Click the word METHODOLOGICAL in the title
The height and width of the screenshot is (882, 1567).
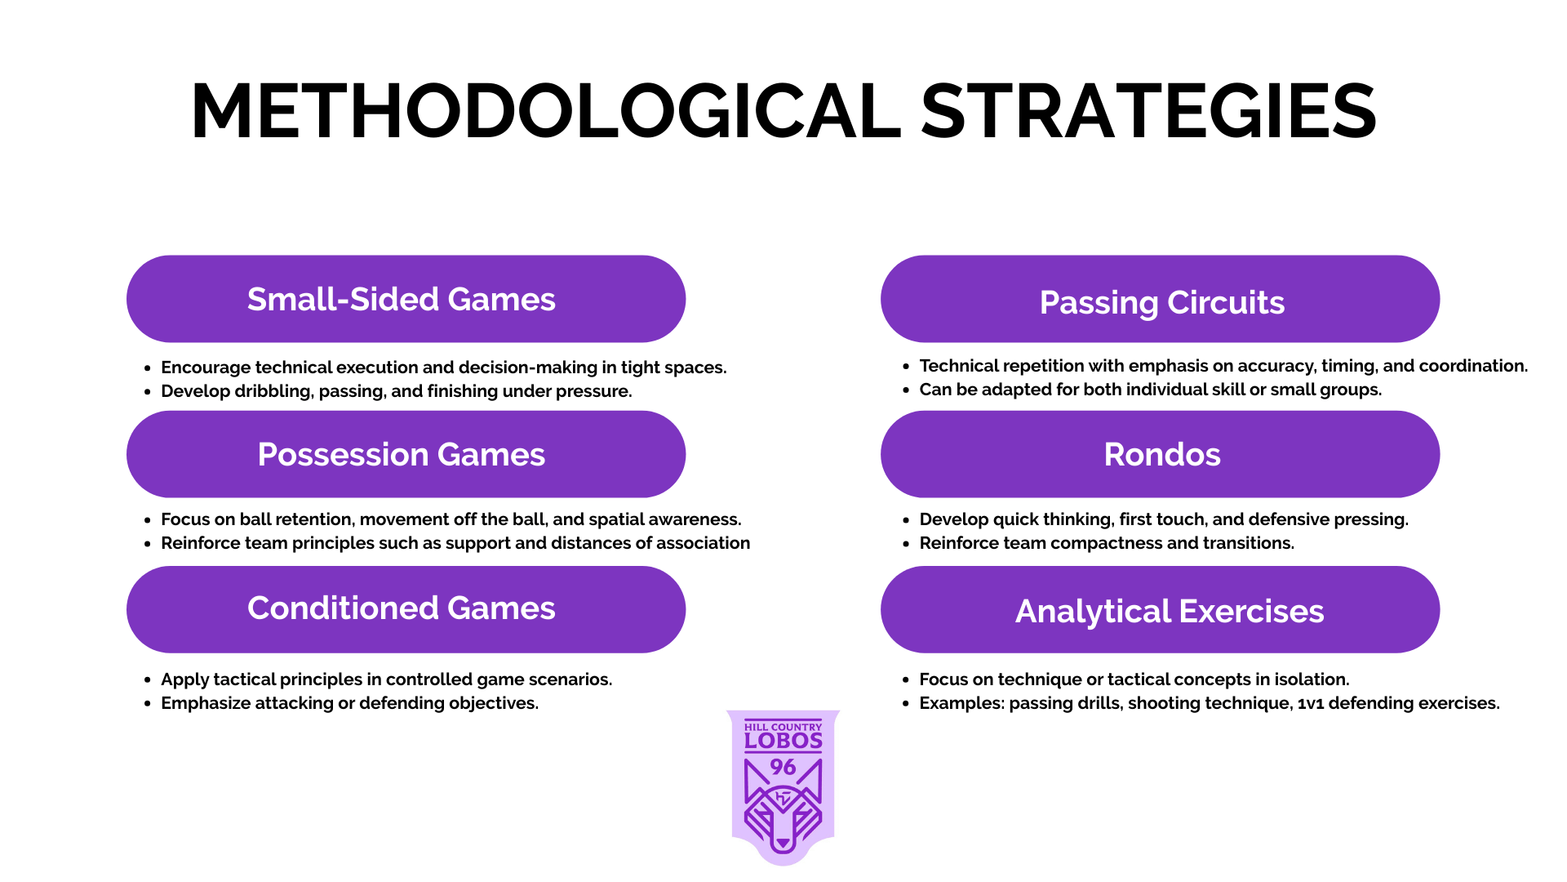pos(546,111)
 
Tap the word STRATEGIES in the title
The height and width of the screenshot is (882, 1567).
pos(1149,111)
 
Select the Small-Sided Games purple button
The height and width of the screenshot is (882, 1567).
pos(406,299)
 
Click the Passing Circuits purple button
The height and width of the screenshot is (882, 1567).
pos(1160,299)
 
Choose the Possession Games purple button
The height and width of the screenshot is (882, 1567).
pos(406,454)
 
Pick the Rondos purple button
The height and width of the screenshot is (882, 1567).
pos(1160,454)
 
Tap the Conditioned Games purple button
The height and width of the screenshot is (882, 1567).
pos(406,609)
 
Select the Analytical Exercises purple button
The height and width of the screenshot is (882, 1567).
pos(1160,609)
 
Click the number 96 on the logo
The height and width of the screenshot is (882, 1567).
pos(783,767)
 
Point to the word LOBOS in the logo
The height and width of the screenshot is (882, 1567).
pos(783,741)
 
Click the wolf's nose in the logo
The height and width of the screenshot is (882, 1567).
pos(783,843)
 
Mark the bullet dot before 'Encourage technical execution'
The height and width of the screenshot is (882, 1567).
pos(147,368)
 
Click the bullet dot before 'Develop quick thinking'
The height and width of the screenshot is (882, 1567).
pos(906,520)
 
